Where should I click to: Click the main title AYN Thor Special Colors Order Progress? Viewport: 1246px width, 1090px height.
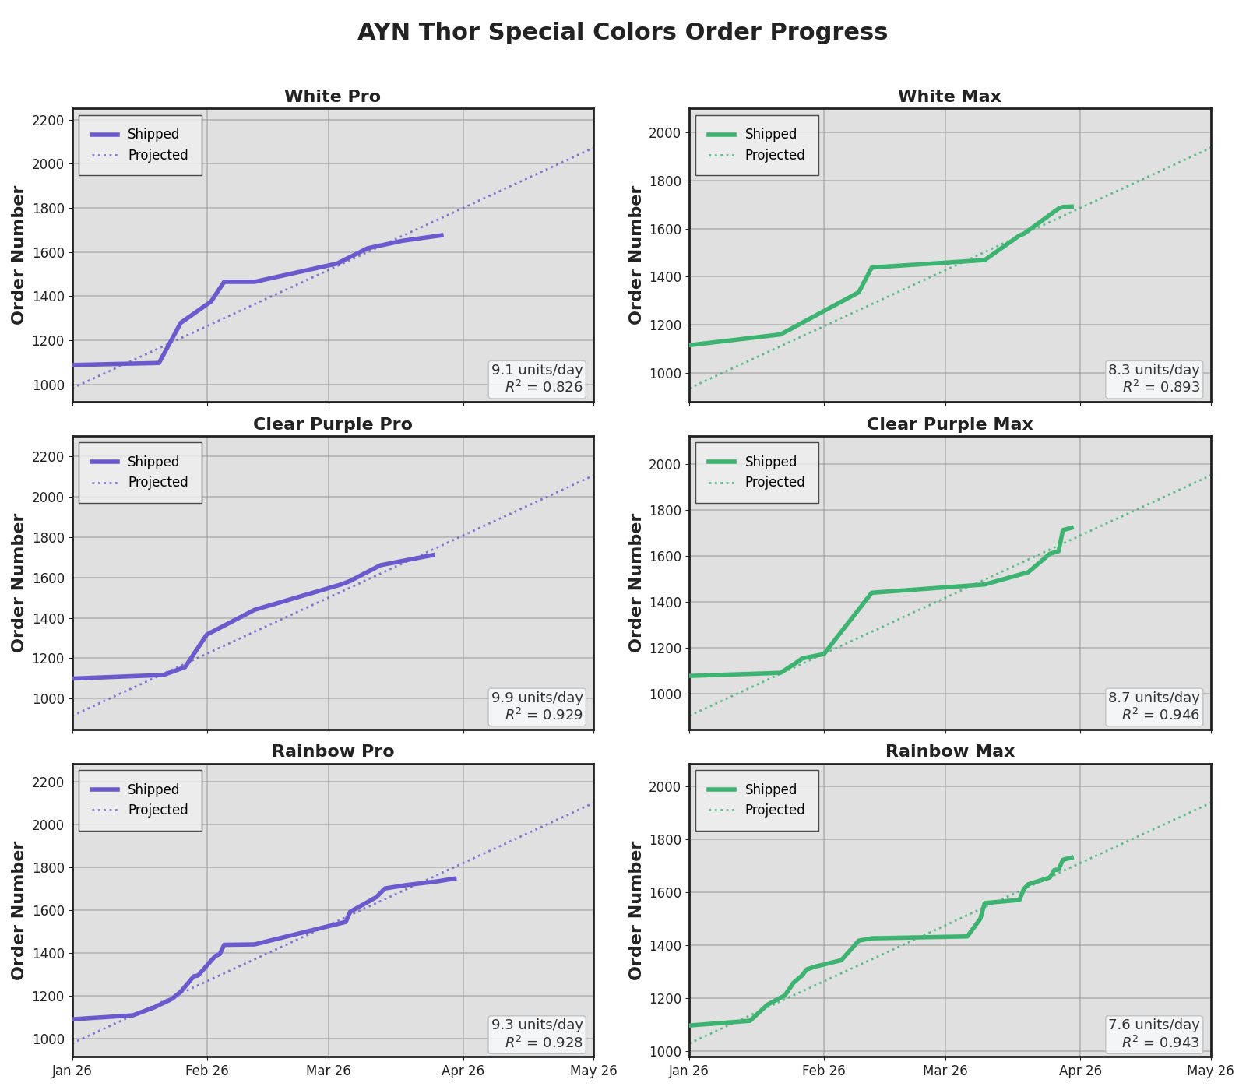pyautogui.click(x=622, y=32)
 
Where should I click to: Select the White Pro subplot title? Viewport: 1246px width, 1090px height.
pyautogui.click(x=333, y=97)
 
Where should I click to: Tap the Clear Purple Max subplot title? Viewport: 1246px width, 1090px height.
pyautogui.click(x=949, y=424)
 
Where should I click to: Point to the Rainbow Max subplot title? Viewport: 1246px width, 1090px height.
pyautogui.click(x=949, y=751)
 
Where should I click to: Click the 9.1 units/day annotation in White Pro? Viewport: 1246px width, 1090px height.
pyautogui.click(x=537, y=370)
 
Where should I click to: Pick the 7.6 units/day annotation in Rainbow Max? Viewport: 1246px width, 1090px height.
pyautogui.click(x=1154, y=1025)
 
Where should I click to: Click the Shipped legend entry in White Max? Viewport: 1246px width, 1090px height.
pyautogui.click(x=770, y=134)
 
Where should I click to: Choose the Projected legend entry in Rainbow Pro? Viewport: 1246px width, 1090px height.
pyautogui.click(x=157, y=810)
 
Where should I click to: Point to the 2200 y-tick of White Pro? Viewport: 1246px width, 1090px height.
pyautogui.click(x=48, y=120)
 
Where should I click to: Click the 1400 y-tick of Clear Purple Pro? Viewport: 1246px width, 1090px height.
pyautogui.click(x=48, y=618)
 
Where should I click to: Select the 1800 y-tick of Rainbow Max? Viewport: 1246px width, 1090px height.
pyautogui.click(x=665, y=839)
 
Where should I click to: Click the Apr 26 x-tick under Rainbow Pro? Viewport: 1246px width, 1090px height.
pyautogui.click(x=463, y=1071)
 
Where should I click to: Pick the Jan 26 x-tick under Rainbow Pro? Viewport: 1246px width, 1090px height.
pyautogui.click(x=72, y=1071)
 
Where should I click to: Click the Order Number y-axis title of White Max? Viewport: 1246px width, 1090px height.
pyautogui.click(x=635, y=255)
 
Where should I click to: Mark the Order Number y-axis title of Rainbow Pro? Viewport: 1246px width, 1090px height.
pyautogui.click(x=18, y=910)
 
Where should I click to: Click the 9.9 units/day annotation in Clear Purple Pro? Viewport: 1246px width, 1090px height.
pyautogui.click(x=537, y=698)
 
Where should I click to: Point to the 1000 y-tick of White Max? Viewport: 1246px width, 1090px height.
pyautogui.click(x=665, y=373)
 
